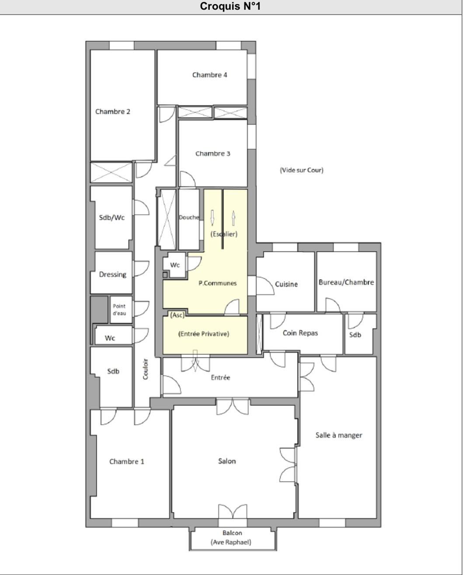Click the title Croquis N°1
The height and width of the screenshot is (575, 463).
[230, 6]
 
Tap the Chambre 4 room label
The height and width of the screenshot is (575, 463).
[210, 75]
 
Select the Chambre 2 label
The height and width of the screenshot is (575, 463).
[113, 112]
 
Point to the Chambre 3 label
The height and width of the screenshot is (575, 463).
[212, 153]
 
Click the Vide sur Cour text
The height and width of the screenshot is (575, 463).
[302, 170]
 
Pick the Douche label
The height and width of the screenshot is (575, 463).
[189, 217]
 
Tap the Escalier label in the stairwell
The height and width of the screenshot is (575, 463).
[224, 234]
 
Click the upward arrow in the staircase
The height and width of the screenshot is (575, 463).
[233, 218]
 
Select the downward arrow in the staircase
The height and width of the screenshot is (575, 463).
[212, 218]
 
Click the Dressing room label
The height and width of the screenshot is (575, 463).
[112, 275]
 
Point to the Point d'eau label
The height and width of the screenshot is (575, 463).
[119, 310]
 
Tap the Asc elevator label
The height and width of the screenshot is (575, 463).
[178, 315]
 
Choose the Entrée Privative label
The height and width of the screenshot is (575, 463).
[204, 334]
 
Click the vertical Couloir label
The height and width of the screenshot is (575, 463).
[145, 369]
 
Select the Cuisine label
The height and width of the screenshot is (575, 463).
[286, 284]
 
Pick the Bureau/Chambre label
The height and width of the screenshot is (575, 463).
[346, 282]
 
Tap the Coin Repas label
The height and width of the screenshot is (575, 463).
[300, 333]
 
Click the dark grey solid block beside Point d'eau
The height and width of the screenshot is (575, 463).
[99, 310]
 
